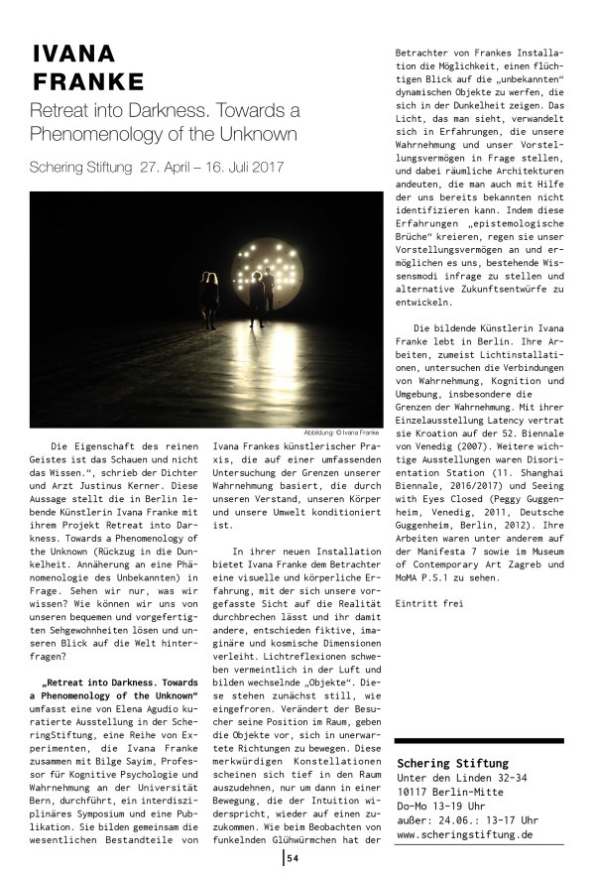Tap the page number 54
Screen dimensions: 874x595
[293, 858]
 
